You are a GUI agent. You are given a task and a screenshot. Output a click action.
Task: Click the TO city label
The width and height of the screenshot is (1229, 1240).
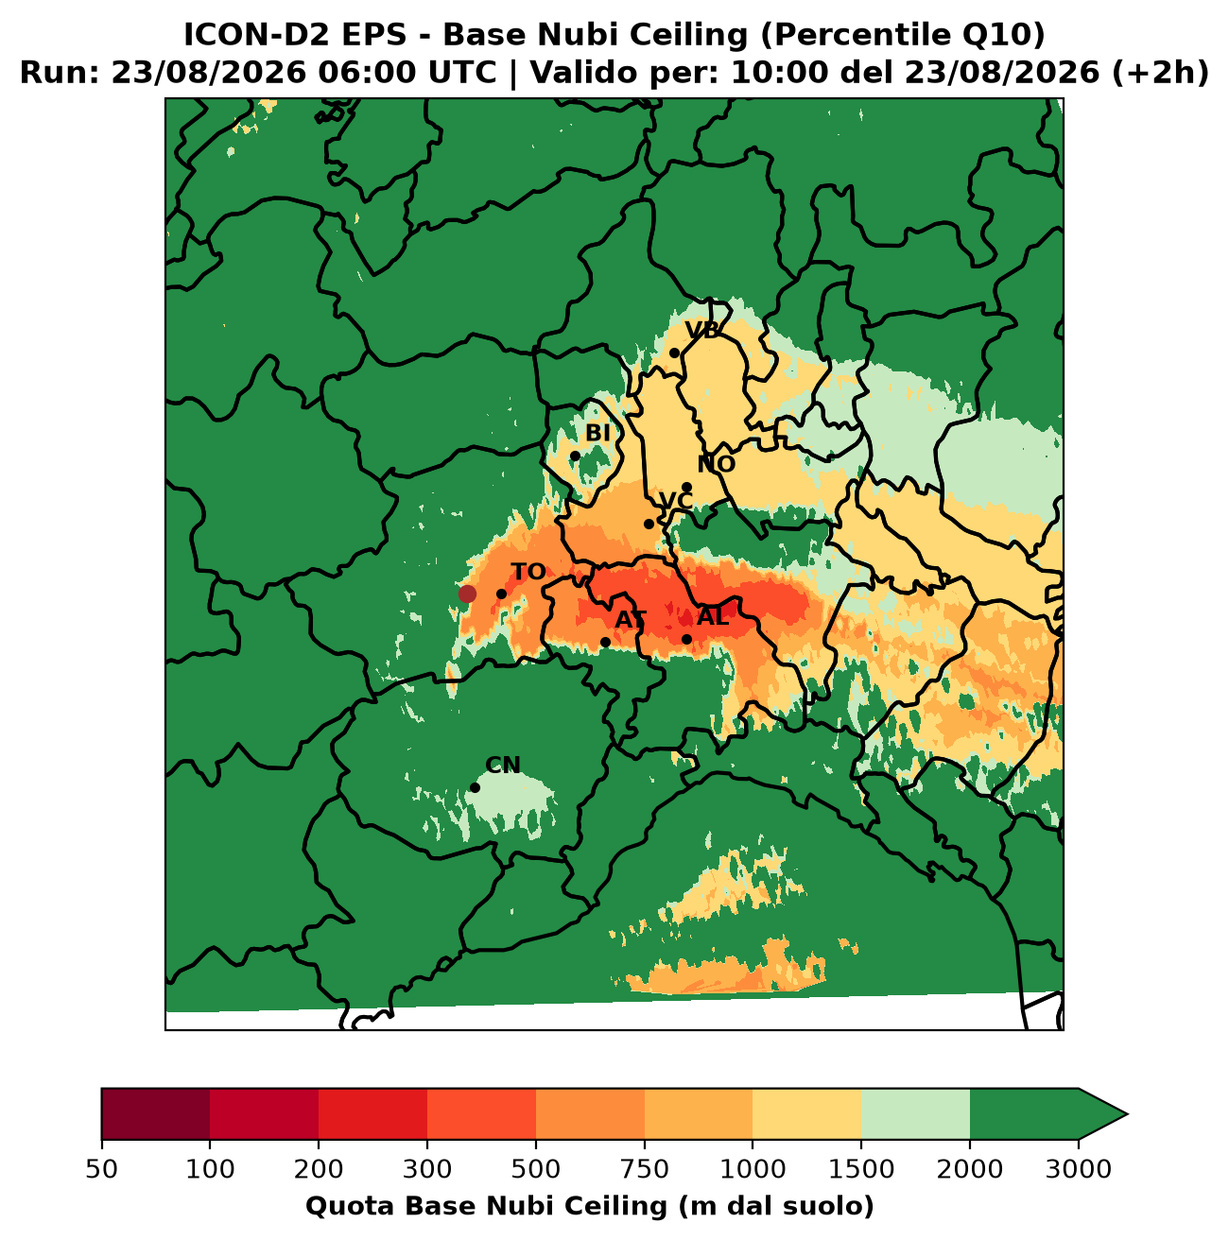pyautogui.click(x=528, y=572)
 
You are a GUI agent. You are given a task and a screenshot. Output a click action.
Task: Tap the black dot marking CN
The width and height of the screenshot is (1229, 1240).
pyautogui.click(x=475, y=787)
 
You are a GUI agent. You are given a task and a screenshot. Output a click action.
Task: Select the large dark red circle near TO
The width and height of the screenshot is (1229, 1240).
pyautogui.click(x=467, y=594)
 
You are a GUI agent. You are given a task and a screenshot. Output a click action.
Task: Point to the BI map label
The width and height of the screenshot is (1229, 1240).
pyautogui.click(x=597, y=433)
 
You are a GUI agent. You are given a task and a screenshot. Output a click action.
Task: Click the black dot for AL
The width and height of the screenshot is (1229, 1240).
pyautogui.click(x=686, y=639)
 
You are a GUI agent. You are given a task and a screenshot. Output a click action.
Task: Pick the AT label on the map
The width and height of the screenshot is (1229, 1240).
pyautogui.click(x=631, y=620)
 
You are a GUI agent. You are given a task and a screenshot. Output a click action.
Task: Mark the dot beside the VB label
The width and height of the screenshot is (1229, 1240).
pyautogui.click(x=674, y=353)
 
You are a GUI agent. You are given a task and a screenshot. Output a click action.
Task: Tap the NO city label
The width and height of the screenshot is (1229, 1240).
pyautogui.click(x=716, y=464)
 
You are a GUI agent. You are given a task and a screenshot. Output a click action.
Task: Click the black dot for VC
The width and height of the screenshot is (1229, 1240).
pyautogui.click(x=649, y=524)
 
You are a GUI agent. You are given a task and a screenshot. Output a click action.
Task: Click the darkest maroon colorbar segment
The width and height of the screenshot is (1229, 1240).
pyautogui.click(x=156, y=1114)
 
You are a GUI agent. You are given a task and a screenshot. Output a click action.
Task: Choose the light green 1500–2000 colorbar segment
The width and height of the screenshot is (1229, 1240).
pyautogui.click(x=915, y=1114)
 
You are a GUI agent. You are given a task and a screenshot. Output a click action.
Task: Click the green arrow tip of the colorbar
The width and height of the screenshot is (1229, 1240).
pyautogui.click(x=1127, y=1114)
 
